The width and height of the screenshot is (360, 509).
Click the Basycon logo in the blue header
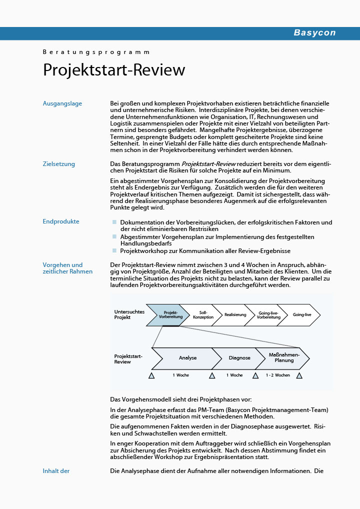coord(314,33)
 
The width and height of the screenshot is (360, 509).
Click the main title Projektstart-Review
coord(114,70)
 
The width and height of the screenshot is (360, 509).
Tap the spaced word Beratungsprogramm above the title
coord(96,52)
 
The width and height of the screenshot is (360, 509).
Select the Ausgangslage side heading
coord(62,103)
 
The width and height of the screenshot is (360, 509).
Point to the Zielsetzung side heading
coord(59,163)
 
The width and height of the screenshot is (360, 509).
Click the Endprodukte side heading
coord(61,221)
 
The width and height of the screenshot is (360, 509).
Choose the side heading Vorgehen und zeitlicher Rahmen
coord(67,268)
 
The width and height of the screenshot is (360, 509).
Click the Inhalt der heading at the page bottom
coord(56,470)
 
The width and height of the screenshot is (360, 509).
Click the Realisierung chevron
coord(235,314)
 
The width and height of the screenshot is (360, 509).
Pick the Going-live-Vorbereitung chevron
coord(268,314)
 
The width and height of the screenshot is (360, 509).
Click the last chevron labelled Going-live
coord(302,314)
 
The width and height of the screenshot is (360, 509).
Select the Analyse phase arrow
coord(187,358)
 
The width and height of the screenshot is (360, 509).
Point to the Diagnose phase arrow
coord(239,358)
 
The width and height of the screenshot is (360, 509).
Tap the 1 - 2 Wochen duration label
coord(277,375)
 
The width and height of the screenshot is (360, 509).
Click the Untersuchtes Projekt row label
coord(129,314)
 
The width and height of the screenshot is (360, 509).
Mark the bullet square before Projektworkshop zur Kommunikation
coord(114,250)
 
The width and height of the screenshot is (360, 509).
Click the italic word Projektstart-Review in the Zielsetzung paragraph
coord(208,163)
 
